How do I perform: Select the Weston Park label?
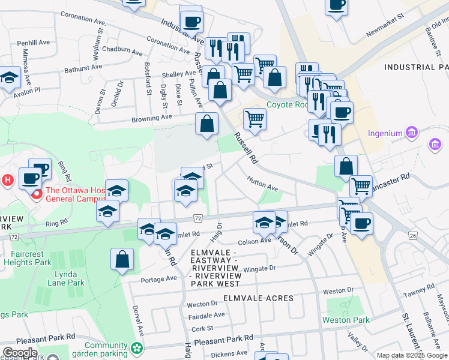click(x=346, y=320)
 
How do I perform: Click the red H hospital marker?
click(x=7, y=179)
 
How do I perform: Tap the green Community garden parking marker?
click(x=138, y=347)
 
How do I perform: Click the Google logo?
click(x=20, y=353)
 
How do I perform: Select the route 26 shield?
click(x=412, y=236)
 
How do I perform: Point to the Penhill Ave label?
click(x=33, y=43)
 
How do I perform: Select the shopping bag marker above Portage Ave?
click(x=122, y=260)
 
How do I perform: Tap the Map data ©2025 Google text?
click(x=412, y=355)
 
